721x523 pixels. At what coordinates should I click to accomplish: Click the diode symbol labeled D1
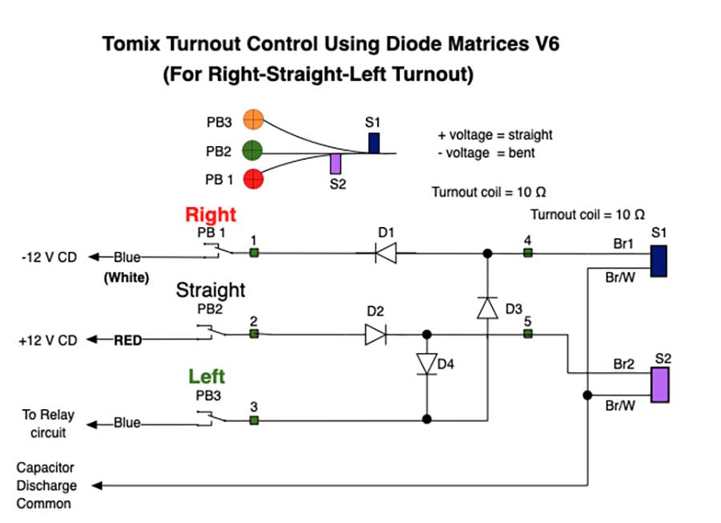[x=386, y=254]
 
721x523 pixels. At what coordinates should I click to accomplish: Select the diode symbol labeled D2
[x=375, y=334]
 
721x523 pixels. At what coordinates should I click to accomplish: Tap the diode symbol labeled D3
[x=486, y=307]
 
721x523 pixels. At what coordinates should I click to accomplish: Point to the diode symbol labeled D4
[x=426, y=363]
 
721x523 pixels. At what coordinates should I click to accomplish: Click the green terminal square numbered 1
[x=253, y=253]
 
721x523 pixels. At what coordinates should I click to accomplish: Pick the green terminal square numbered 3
[x=253, y=420]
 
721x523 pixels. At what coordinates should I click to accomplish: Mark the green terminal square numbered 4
[x=527, y=253]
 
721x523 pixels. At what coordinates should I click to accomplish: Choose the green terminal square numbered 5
[x=527, y=334]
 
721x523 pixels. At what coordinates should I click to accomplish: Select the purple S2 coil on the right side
[x=660, y=384]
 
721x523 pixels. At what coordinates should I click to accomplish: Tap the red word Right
[x=211, y=215]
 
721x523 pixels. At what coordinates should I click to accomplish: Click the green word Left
[x=207, y=376]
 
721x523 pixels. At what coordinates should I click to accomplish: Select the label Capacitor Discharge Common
[x=46, y=485]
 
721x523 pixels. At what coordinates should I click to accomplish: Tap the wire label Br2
[x=623, y=364]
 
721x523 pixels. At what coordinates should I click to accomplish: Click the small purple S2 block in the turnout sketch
[x=336, y=164]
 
